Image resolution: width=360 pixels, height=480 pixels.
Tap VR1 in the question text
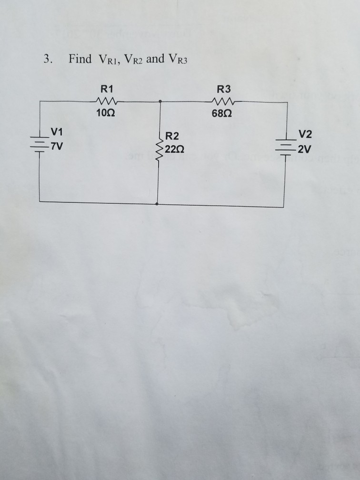pyautogui.click(x=111, y=60)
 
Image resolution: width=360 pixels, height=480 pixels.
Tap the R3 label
pyautogui.click(x=223, y=89)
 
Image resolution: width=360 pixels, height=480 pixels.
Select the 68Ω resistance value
pyautogui.click(x=223, y=114)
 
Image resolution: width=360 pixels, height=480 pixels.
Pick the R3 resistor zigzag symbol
pyautogui.click(x=223, y=101)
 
